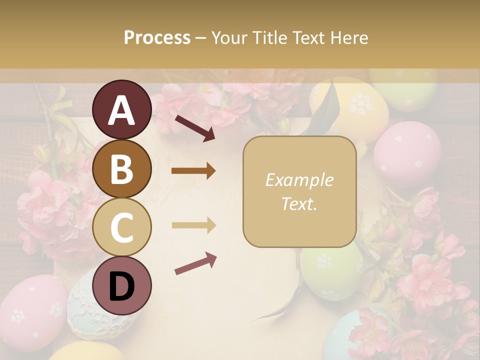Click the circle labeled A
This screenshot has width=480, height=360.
[122, 109]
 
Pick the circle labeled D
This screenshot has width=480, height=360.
[122, 285]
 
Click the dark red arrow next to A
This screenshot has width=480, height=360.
[194, 127]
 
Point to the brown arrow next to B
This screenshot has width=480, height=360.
[193, 171]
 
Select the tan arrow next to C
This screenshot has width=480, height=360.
[193, 225]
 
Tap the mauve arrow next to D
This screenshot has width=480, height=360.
[195, 263]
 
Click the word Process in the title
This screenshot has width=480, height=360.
[157, 37]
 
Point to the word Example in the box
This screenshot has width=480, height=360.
[299, 180]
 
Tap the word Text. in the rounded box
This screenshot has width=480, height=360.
[299, 203]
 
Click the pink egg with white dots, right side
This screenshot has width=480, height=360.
[407, 152]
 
